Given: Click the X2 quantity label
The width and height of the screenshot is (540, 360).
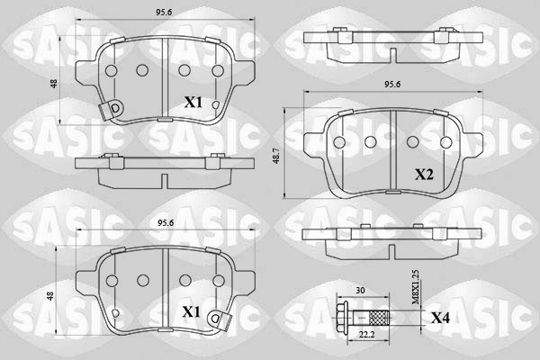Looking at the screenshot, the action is coord(424,175).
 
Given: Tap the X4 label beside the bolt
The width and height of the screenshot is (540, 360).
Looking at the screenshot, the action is coord(440,318).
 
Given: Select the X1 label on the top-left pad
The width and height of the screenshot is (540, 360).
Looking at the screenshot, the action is coord(193,103).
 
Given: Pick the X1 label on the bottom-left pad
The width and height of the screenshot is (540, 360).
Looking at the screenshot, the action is coord(191,312).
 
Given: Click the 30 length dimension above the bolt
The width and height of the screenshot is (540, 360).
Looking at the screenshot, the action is coord(360,291).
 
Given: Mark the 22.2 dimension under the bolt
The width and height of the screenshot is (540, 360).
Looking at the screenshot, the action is coord(367,335).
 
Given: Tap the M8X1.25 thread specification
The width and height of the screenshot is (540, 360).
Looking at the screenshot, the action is coord(416,287).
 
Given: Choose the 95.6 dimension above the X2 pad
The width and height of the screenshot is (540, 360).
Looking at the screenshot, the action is coord(392,84).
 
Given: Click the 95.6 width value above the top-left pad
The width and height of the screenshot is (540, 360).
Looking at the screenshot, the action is coord(164,13).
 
